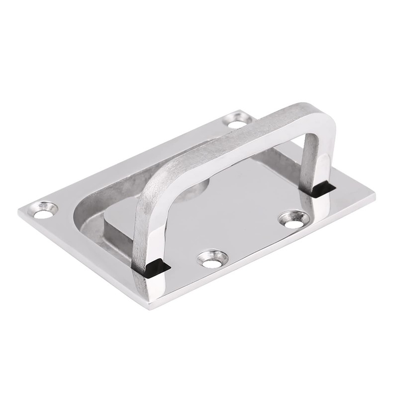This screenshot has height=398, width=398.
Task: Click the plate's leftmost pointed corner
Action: coord(20,211)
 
